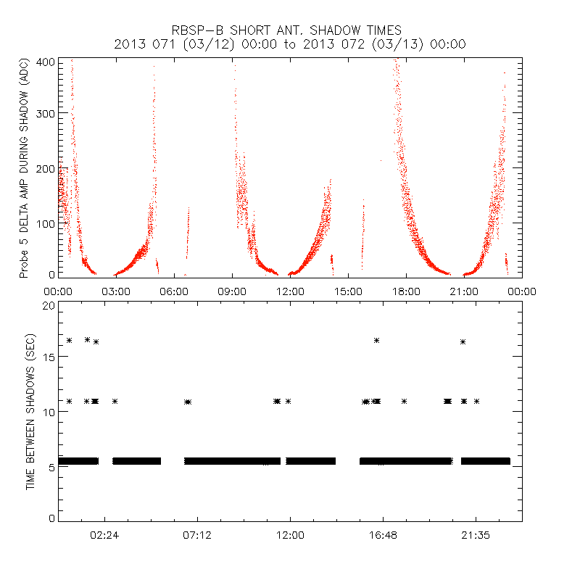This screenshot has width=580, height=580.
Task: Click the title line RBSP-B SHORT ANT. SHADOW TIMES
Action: tap(286, 30)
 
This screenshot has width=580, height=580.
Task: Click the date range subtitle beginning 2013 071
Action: tap(290, 44)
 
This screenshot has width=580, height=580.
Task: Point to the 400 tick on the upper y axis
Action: tap(46, 62)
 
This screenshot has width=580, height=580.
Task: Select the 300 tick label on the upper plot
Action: tap(46, 113)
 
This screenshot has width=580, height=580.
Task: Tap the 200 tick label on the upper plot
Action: tap(46, 168)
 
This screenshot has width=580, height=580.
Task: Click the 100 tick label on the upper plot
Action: tap(46, 223)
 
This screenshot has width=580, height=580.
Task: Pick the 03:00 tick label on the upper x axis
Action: tap(116, 291)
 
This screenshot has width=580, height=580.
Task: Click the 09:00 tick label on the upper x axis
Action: tap(232, 291)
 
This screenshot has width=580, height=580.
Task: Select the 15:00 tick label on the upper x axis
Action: tap(348, 291)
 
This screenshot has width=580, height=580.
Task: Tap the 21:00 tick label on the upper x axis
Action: tap(464, 291)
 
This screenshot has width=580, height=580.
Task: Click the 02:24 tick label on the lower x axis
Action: tap(104, 536)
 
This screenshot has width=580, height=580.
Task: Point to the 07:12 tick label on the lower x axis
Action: tap(197, 536)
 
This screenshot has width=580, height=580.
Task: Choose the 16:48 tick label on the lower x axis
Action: tap(383, 536)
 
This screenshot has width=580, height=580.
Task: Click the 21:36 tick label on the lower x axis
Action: tap(476, 536)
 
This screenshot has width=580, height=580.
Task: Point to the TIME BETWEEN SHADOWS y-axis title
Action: tap(30, 411)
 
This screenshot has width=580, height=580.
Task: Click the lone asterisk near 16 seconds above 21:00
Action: tap(463, 341)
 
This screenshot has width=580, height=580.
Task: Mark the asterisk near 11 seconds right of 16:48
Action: tap(404, 401)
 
